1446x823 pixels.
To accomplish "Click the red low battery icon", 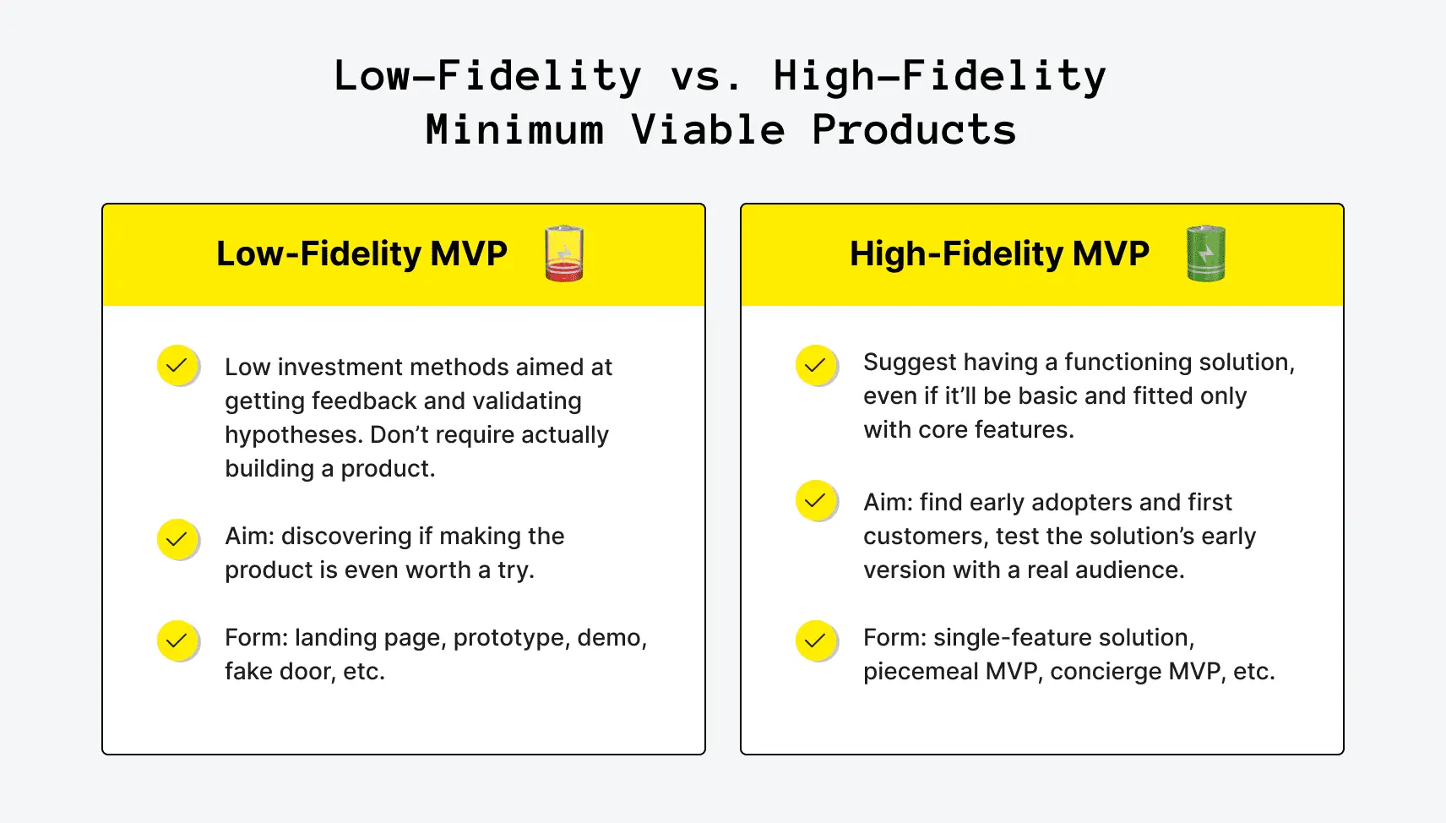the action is (x=564, y=253).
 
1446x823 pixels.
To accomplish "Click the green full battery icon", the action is (x=1206, y=253).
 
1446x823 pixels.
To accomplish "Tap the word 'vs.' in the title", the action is (x=707, y=76).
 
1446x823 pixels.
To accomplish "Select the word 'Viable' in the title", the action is (x=708, y=129).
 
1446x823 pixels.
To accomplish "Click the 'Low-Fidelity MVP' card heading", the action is (x=361, y=253).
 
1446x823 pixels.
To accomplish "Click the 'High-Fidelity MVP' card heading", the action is (x=999, y=253).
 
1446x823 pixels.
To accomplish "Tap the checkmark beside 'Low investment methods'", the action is (x=177, y=366).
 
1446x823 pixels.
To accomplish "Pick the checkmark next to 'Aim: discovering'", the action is (x=177, y=539).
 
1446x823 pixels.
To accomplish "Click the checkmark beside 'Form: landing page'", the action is (x=177, y=640).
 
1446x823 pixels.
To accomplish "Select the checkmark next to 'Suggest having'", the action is (x=816, y=366).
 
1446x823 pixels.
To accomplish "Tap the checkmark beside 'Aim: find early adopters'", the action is (x=816, y=501).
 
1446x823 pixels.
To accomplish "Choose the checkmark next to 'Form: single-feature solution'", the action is (x=816, y=640).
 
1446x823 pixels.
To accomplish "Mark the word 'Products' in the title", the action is (x=914, y=129).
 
